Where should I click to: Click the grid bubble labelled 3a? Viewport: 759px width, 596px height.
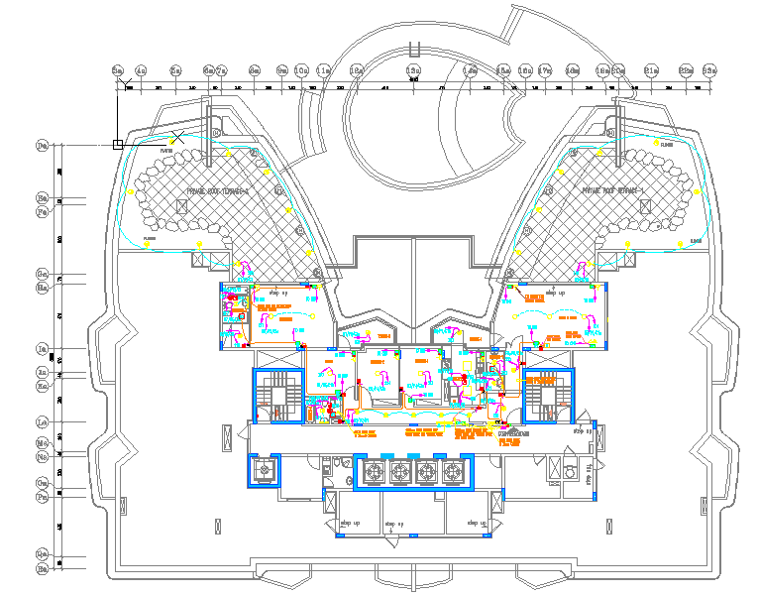click(x=117, y=70)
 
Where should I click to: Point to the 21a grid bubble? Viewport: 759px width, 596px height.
click(x=651, y=70)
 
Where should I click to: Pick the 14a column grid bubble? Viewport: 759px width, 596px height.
click(x=470, y=70)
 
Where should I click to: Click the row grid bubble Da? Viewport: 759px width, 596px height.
click(x=43, y=146)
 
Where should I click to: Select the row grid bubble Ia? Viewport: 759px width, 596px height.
click(x=43, y=349)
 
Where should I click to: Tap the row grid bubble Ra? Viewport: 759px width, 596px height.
click(x=43, y=570)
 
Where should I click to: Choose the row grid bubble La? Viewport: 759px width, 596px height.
click(x=43, y=421)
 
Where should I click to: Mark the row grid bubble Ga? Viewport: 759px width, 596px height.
click(x=43, y=273)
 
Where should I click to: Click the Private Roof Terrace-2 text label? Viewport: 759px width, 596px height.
click(x=219, y=187)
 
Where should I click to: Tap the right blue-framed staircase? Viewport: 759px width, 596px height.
click(x=546, y=397)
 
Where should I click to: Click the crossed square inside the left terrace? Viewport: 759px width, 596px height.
click(x=181, y=205)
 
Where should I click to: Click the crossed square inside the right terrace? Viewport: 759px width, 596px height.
click(x=644, y=205)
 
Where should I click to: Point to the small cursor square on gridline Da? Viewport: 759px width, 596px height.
click(x=118, y=145)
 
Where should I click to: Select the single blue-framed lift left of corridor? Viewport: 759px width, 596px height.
click(x=265, y=471)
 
